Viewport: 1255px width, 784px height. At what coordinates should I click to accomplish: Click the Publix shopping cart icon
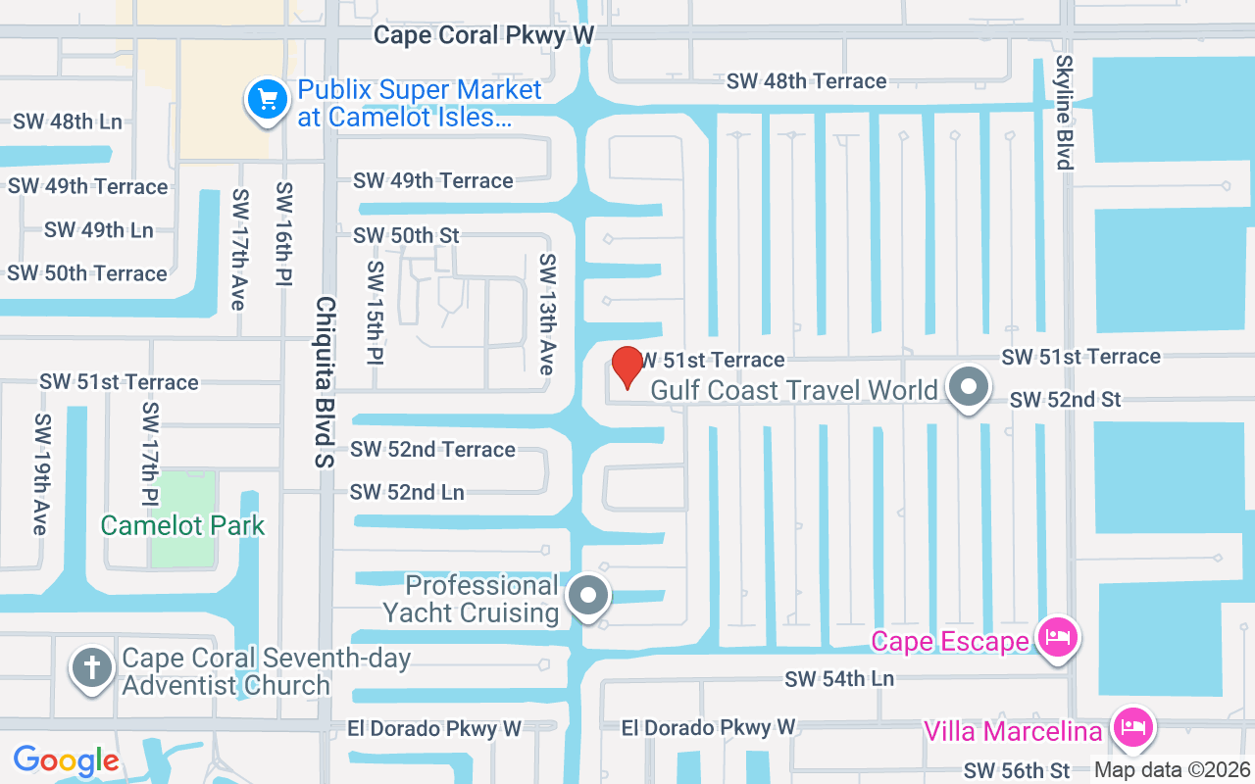(267, 99)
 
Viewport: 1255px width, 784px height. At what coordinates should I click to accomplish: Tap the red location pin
(627, 367)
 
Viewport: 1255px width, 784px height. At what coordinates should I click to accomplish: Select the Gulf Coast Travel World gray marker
(969, 387)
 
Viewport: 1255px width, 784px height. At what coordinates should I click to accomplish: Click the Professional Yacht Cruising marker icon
(589, 594)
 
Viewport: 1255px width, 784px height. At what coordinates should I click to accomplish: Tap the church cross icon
(92, 669)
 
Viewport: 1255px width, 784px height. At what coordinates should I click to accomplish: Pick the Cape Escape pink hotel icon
(1059, 638)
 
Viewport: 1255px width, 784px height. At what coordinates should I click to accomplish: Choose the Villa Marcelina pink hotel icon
(1133, 729)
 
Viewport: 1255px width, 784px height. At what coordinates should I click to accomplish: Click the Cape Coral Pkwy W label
(484, 35)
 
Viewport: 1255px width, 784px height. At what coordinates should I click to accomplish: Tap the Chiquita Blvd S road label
(325, 381)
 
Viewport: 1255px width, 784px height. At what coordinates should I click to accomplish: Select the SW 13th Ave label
(547, 314)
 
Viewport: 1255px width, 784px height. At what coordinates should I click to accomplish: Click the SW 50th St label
(406, 235)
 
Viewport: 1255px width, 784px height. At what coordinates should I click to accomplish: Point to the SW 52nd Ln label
(407, 492)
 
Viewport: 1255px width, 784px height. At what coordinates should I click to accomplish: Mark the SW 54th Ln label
(840, 678)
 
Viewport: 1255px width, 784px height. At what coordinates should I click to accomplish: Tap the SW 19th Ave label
(40, 474)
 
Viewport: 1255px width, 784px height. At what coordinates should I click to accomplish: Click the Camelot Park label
(182, 525)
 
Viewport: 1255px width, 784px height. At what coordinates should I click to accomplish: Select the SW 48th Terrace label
(806, 80)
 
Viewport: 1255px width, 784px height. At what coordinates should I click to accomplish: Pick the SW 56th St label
(1017, 770)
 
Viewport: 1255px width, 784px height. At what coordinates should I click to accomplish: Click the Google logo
(66, 759)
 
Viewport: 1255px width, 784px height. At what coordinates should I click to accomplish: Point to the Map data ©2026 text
(1173, 770)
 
